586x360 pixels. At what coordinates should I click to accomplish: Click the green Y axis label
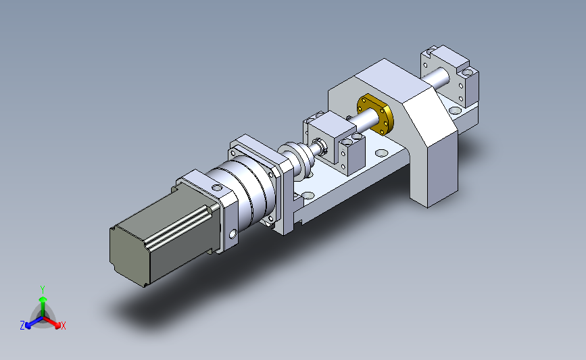43,290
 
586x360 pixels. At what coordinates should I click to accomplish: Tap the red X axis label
63,326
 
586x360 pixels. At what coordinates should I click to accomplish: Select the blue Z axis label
22,326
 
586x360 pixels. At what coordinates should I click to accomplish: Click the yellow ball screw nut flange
375,114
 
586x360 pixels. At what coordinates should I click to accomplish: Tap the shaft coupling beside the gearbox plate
298,160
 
